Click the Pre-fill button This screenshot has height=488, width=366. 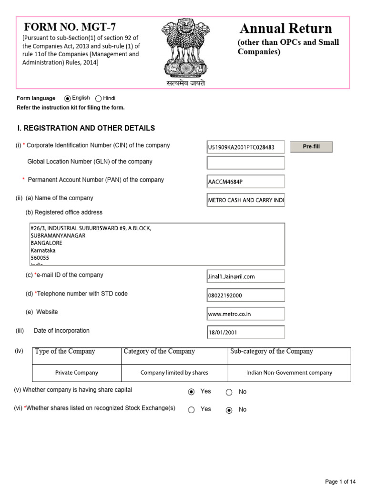coord(311,147)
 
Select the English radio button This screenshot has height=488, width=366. coord(68,99)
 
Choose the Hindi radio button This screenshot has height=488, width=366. coord(99,99)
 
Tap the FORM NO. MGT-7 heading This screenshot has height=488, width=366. coord(70,27)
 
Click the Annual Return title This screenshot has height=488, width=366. coord(285,28)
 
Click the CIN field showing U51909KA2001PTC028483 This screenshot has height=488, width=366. coord(245,147)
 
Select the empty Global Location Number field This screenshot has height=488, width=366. coord(245,163)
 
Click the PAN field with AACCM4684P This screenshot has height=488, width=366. coord(245,182)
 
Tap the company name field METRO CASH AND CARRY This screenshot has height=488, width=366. coord(245,200)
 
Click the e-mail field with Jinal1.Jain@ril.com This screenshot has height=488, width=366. coord(245,276)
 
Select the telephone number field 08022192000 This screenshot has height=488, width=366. coord(245,295)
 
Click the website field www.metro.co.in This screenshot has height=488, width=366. coord(245,314)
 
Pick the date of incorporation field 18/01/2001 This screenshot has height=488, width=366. coord(245,333)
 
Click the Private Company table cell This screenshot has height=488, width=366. coord(77,373)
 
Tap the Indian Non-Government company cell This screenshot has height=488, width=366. coord(289,373)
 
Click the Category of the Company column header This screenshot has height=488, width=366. coord(159,352)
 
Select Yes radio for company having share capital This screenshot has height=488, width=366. coord(192,392)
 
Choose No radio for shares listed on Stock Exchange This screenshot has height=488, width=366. coord(229,410)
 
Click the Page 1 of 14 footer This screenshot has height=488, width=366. coord(340,481)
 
